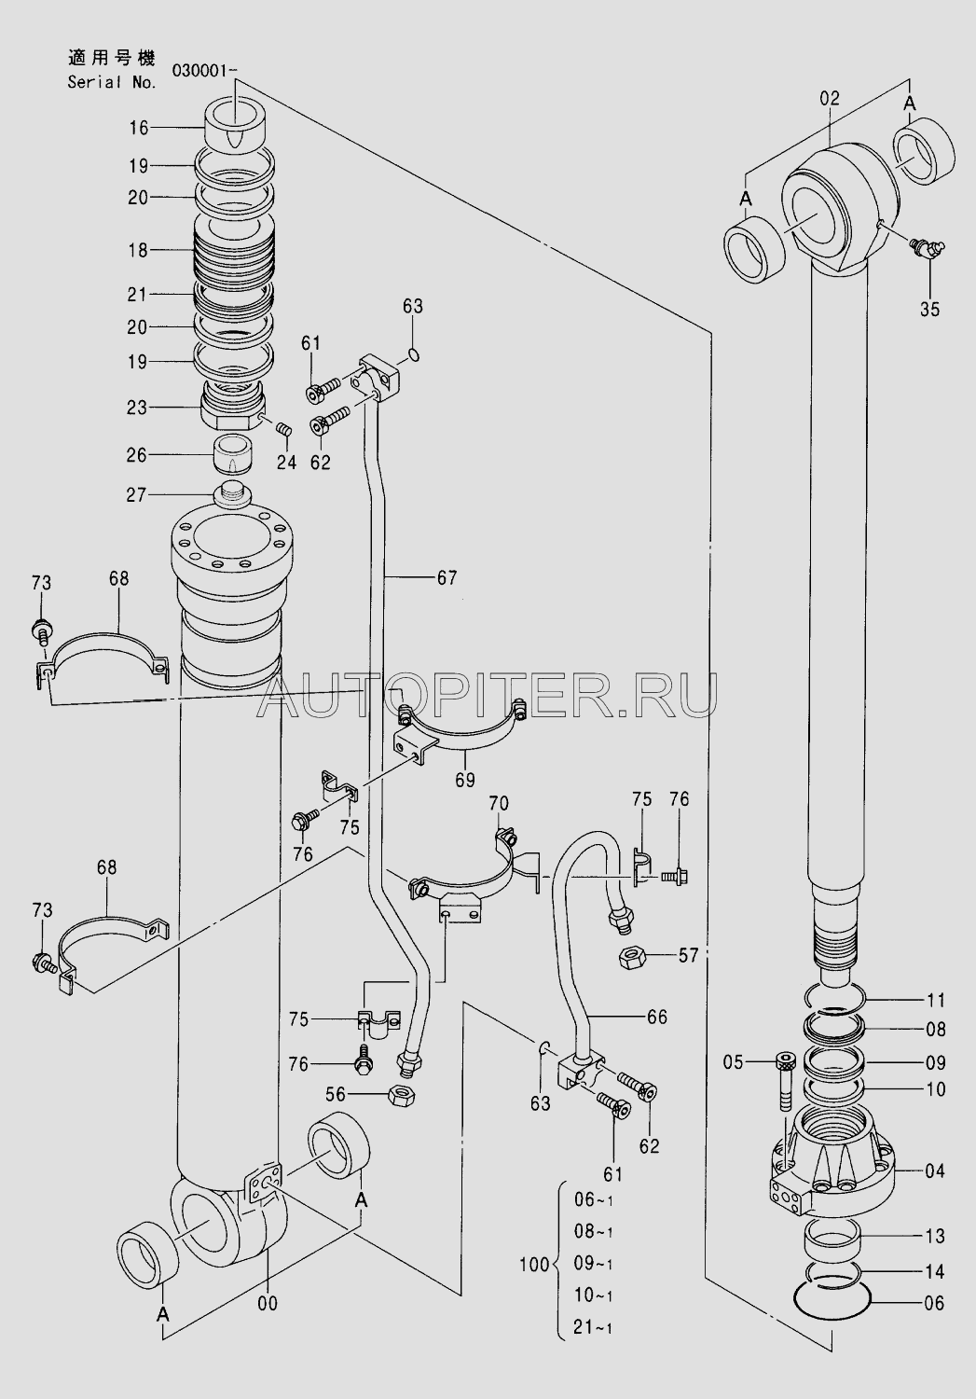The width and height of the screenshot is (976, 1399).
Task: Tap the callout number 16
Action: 139,128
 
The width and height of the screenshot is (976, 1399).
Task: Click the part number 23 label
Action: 137,408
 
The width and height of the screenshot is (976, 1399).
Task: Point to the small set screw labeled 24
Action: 284,430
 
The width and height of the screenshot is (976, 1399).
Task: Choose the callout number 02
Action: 830,98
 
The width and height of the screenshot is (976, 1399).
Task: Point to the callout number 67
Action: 447,578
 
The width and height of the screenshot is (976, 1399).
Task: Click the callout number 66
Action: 657,1018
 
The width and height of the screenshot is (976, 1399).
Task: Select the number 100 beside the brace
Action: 534,1266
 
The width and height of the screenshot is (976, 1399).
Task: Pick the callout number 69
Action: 465,780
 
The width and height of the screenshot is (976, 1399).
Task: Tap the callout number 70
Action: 499,802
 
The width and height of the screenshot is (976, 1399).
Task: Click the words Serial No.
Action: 112,82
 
